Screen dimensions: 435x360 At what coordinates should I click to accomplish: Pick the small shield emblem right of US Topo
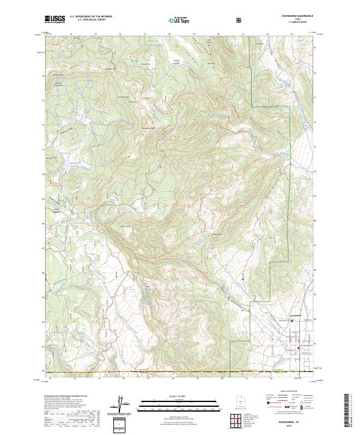click(x=206, y=20)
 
